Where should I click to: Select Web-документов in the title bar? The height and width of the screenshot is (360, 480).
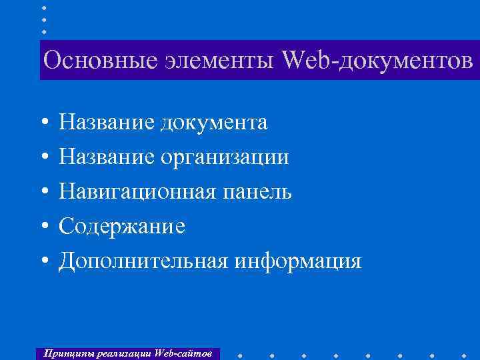[x=377, y=61]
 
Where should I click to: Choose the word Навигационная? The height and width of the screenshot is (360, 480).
[x=137, y=192]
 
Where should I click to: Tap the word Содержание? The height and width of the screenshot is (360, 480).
[x=122, y=227]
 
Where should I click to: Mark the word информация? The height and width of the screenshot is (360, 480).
[x=297, y=261]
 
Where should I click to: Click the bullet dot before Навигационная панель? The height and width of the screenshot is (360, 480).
[x=43, y=193]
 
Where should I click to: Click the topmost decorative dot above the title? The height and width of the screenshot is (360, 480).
[x=43, y=7]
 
